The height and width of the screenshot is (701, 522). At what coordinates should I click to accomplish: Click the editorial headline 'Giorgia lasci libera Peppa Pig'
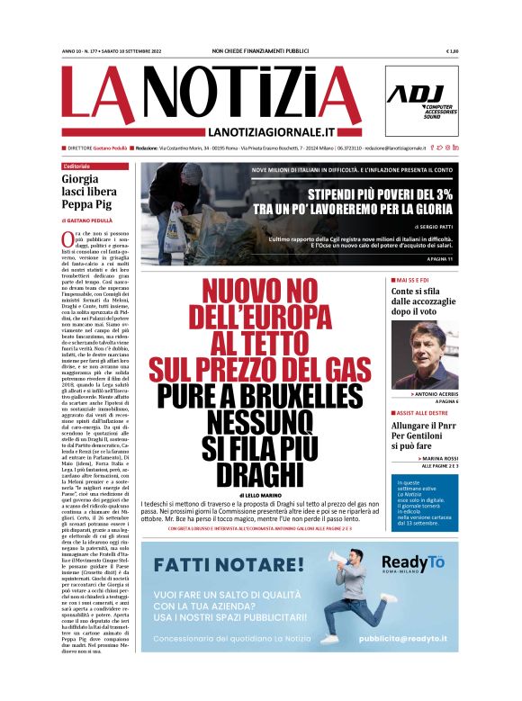click(x=94, y=193)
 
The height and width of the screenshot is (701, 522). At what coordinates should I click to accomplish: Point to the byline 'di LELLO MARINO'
click(x=260, y=495)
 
